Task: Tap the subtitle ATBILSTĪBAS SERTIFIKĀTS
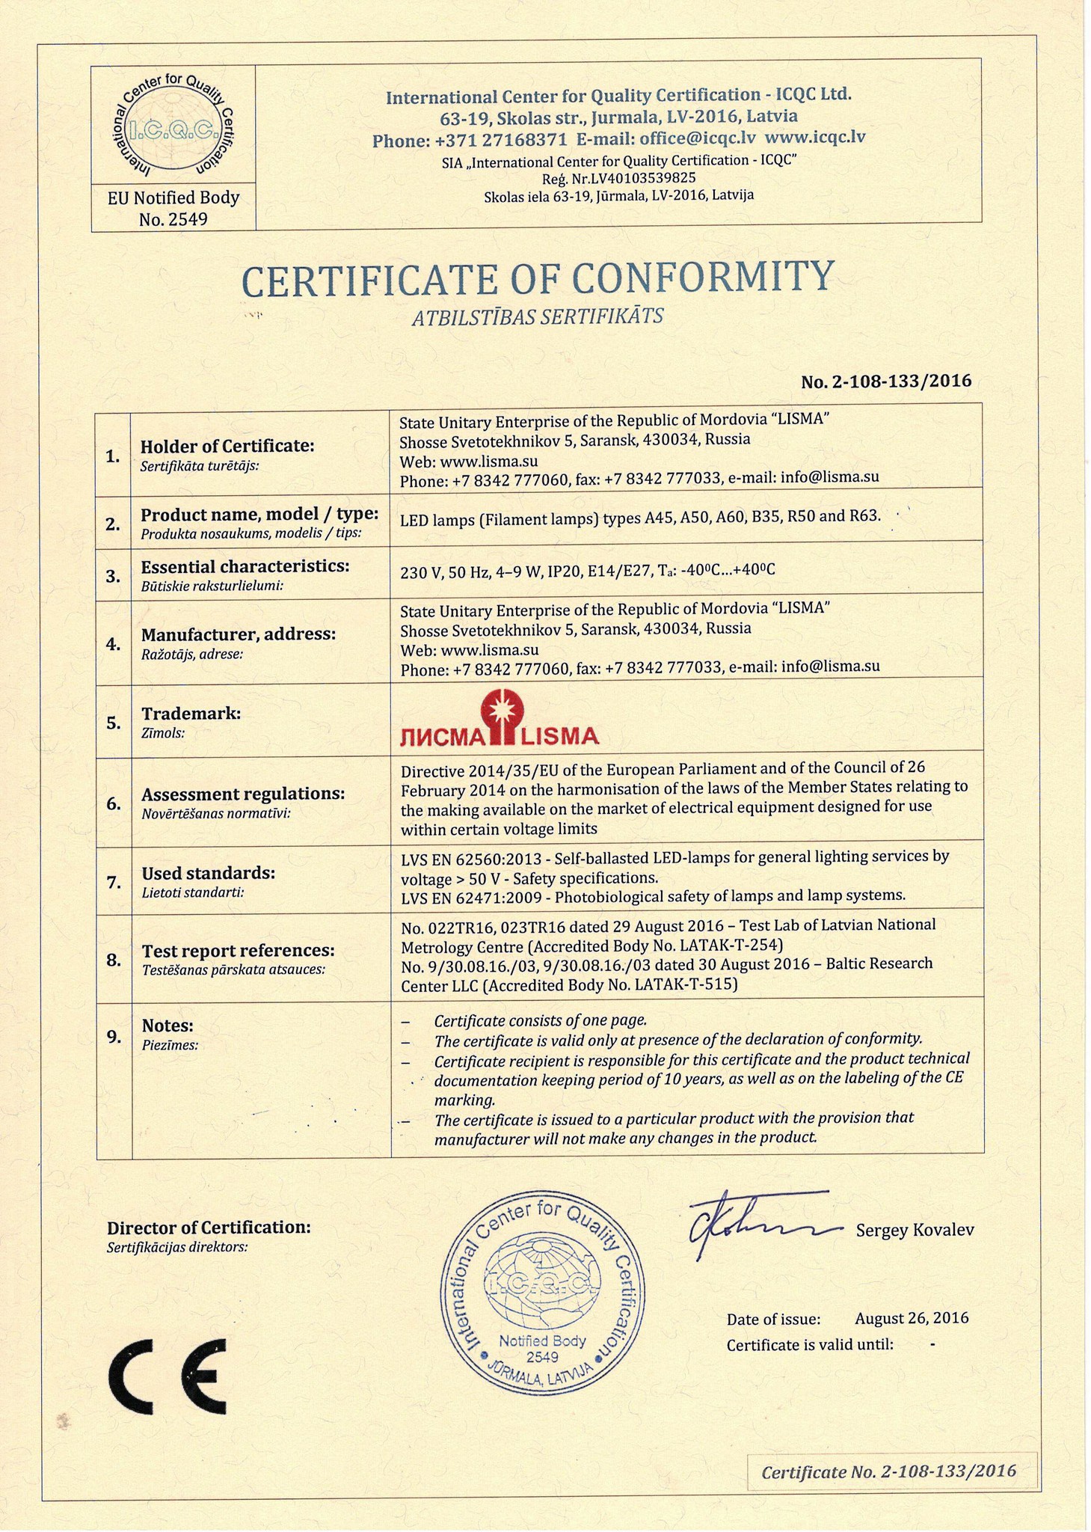tap(538, 317)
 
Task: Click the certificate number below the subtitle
tap(886, 381)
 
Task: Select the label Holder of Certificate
tap(227, 446)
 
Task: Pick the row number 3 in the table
tap(113, 576)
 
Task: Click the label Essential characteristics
tap(245, 566)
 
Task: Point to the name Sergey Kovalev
tap(915, 1230)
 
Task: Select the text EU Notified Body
tap(173, 197)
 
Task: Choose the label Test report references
tap(238, 951)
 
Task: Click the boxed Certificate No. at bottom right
tap(888, 1471)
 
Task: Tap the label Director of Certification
tap(209, 1228)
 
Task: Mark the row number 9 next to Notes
tap(114, 1037)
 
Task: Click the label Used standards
tap(209, 873)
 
